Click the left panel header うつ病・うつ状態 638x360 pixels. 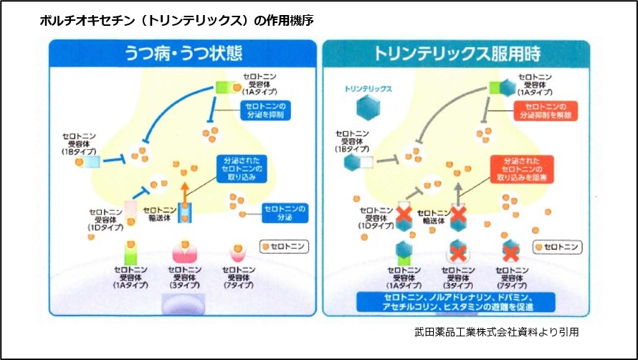coord(183,54)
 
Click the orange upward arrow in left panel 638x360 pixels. coord(185,192)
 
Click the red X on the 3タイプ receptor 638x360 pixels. coord(457,251)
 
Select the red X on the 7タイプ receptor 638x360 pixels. coord(510,251)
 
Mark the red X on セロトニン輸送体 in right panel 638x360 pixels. coord(457,214)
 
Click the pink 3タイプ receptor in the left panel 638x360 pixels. coord(185,252)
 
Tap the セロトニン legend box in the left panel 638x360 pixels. coord(284,246)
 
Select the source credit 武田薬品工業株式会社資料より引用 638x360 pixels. coord(496,332)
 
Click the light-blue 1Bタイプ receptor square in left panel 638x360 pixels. coord(91,162)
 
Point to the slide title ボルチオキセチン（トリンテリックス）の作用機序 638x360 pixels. coord(176,21)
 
